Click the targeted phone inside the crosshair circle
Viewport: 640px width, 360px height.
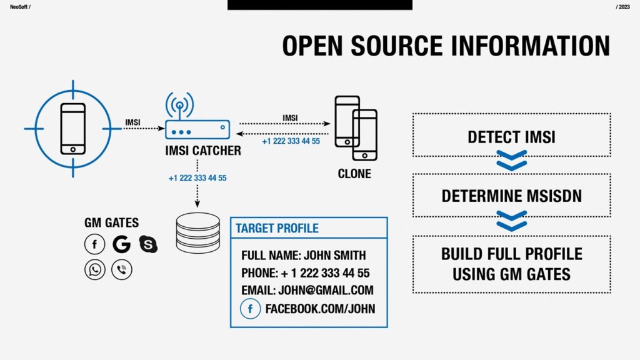tap(72, 129)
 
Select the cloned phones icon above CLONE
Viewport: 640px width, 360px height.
tap(356, 128)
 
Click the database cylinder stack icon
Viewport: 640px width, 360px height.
tap(198, 232)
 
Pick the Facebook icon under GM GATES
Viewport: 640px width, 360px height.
tap(94, 244)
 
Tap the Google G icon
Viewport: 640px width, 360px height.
tap(121, 244)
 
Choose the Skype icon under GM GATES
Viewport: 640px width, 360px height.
tap(148, 244)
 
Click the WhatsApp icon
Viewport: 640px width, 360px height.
tap(94, 269)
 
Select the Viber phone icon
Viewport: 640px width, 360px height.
tap(121, 269)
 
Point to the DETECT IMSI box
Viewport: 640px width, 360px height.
tap(511, 137)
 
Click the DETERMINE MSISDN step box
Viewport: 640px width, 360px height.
tap(511, 196)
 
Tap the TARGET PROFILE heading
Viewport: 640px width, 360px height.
tap(277, 228)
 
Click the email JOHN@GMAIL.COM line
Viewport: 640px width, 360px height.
tap(307, 290)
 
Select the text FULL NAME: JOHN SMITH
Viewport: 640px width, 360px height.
tap(303, 255)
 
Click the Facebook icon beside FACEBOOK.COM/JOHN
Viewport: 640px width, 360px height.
tap(250, 309)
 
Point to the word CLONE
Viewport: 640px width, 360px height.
tap(354, 174)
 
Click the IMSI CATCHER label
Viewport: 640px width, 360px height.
tap(203, 151)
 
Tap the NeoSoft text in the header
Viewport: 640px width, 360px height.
tap(19, 6)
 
